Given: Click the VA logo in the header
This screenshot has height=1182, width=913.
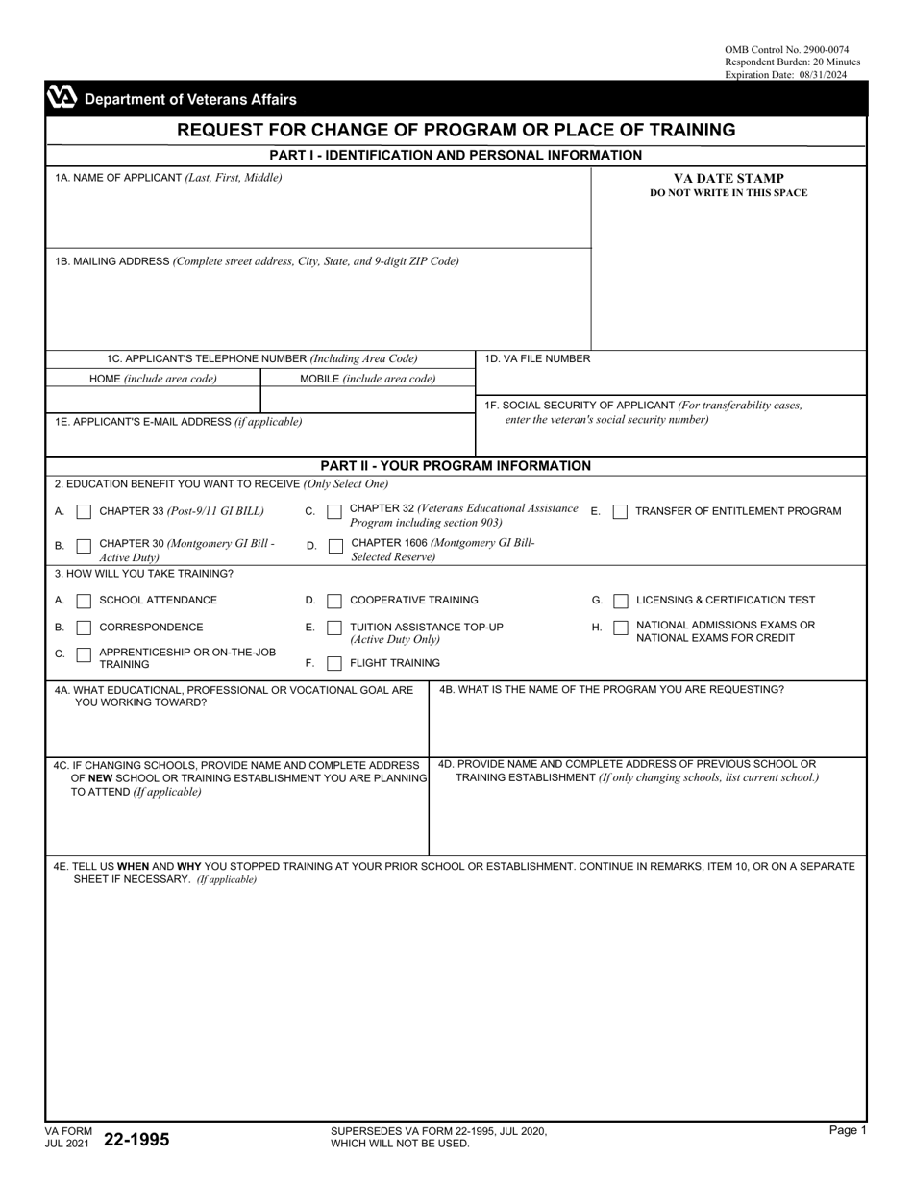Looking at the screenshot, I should [x=62, y=98].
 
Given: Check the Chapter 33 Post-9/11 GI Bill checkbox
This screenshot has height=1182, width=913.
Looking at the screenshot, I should [x=84, y=511].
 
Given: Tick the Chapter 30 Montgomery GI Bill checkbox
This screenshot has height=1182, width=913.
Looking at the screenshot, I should [x=84, y=546].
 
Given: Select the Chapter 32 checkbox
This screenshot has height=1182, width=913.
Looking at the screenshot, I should [x=334, y=511].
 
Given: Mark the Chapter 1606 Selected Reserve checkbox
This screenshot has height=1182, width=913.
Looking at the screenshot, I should [x=334, y=546].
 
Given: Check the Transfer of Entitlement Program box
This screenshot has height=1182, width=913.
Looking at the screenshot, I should [x=621, y=511].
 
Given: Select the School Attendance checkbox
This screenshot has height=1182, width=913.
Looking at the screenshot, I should [x=84, y=601].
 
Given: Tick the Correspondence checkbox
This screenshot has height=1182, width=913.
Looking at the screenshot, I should [x=84, y=628].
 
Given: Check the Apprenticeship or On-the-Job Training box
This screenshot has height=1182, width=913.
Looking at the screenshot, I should [x=84, y=654].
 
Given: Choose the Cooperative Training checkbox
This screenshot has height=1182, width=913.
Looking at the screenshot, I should [x=334, y=601].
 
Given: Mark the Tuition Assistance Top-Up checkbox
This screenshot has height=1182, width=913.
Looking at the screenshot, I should [x=334, y=628].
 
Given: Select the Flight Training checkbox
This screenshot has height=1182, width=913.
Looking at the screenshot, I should [x=334, y=663].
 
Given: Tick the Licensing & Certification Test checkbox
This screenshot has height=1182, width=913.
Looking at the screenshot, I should [x=621, y=601].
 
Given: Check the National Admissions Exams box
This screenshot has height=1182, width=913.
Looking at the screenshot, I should [x=621, y=628].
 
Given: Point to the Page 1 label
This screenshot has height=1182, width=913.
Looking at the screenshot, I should [x=848, y=1131].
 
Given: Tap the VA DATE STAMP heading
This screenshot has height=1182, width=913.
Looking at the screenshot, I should [x=728, y=178].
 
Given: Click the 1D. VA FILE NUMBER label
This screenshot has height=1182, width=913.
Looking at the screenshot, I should [x=537, y=358].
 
